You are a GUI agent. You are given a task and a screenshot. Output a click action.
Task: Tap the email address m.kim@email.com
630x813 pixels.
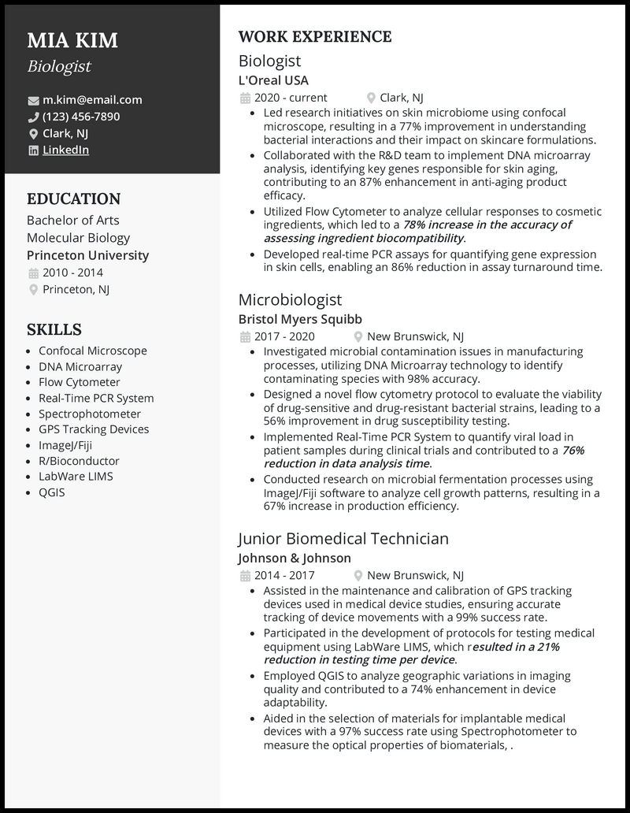pos(92,100)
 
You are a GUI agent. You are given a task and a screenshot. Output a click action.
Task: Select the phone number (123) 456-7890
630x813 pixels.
pos(81,117)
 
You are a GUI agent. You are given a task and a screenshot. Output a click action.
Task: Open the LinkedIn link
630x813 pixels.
pos(65,150)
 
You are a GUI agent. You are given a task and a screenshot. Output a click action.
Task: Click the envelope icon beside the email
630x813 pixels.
pos(33,101)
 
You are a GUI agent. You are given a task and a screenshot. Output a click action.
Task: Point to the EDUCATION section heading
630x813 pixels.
pos(73,199)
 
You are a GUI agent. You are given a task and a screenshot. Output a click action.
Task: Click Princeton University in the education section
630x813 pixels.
pos(87,255)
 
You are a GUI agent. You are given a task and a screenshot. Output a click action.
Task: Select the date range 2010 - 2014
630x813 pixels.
pos(72,273)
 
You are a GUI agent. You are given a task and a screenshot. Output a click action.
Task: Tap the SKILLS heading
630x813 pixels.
pos(54,330)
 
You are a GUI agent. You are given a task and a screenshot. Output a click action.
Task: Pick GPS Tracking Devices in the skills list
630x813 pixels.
pos(94,429)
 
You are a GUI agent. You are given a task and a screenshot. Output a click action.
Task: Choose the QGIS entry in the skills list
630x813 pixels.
pos(52,492)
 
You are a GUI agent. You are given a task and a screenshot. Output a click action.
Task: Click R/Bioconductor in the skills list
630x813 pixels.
pos(79,461)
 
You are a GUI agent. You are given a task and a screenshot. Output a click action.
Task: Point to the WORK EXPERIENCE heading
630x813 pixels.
pos(314,37)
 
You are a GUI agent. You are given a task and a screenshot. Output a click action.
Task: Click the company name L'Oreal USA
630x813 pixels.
pos(273,80)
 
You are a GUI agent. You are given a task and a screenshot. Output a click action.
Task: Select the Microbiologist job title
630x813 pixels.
pos(290,299)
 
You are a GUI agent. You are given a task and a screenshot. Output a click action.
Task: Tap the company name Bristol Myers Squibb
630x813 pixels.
pos(300,319)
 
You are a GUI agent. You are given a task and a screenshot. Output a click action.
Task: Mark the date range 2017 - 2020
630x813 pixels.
pos(283,336)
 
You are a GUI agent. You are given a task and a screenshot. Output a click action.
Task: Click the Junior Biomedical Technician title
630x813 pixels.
pos(343,539)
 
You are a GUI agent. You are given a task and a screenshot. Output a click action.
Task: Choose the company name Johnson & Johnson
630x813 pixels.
pos(295,558)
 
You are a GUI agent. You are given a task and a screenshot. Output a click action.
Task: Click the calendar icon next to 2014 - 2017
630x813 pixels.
pos(244,576)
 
